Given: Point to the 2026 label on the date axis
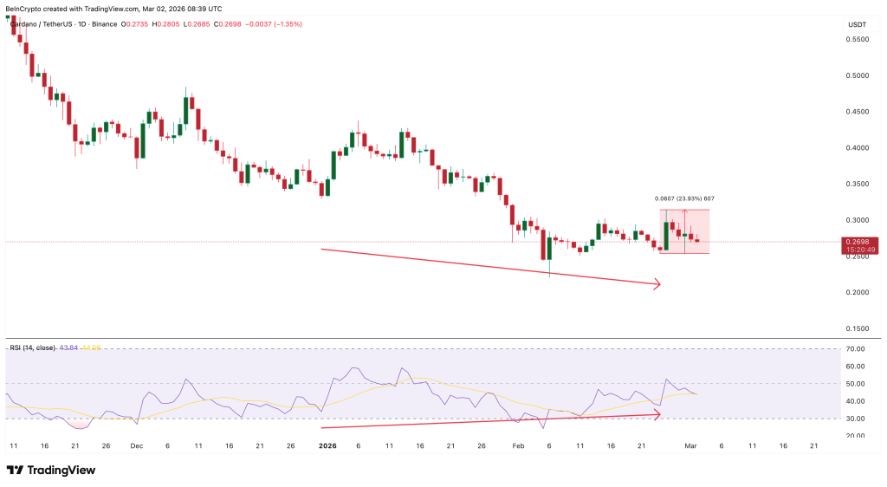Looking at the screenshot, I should tap(327, 445).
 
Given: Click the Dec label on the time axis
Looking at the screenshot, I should tap(136, 445).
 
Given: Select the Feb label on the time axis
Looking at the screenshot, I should tap(519, 445).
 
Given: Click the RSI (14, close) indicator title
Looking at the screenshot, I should tap(31, 347).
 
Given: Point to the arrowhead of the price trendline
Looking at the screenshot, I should tap(657, 282).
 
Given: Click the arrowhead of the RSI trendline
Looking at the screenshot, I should tap(657, 415).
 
